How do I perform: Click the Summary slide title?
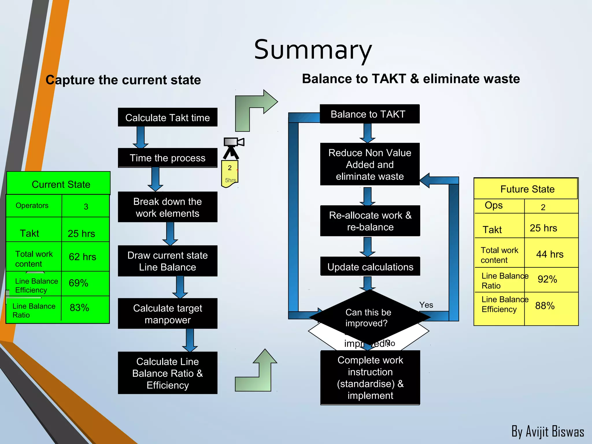pos(313,50)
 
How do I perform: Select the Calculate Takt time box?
pos(167,117)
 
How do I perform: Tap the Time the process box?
pos(167,158)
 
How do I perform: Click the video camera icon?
pos(233,147)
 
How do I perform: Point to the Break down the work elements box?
pos(167,207)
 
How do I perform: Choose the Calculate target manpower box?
pos(167,314)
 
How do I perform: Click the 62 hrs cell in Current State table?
pos(82,257)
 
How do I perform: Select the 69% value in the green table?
pos(78,283)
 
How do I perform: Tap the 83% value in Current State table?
pos(79,308)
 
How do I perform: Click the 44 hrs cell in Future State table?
pos(550,254)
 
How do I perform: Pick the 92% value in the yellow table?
pos(547,279)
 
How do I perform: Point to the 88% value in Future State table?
pos(545,306)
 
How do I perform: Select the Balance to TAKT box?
pos(369,114)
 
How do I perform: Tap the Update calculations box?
pos(370,267)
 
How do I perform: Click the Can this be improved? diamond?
pos(368,318)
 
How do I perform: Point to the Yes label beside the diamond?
pos(426,305)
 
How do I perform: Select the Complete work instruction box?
pos(370,378)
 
